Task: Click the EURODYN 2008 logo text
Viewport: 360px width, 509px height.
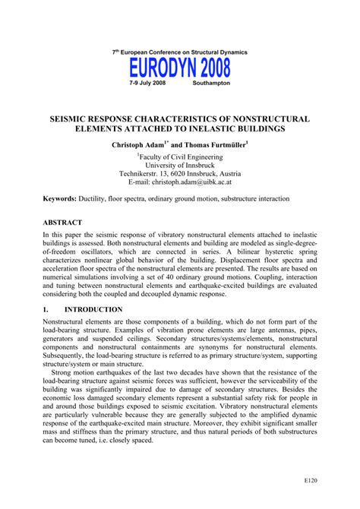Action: tap(179, 69)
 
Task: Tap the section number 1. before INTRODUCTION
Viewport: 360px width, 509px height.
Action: tap(27, 310)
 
